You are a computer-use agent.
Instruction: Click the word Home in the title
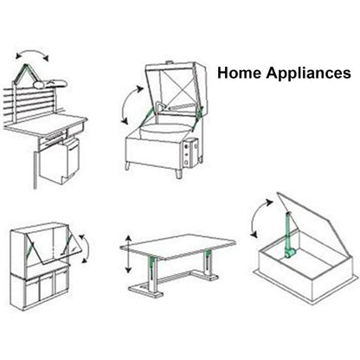(x=239, y=73)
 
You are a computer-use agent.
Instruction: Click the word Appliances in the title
(x=308, y=74)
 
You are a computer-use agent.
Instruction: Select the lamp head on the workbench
(x=50, y=83)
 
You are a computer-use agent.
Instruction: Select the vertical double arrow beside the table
(x=129, y=254)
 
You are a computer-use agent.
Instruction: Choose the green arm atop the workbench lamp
(x=27, y=72)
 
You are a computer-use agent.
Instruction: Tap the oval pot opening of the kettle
(x=163, y=132)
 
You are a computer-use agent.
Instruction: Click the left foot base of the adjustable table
(x=146, y=291)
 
